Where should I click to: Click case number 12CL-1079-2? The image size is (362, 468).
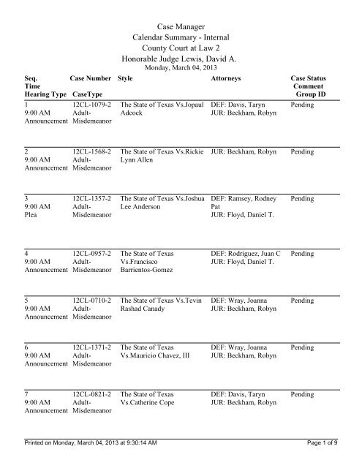click(91, 105)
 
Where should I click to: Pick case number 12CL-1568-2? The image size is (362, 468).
click(91, 151)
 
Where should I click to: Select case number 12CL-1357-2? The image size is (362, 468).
click(91, 197)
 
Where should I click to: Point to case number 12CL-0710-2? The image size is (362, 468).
click(91, 299)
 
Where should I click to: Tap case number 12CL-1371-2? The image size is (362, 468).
click(91, 345)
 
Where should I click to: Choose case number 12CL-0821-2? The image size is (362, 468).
click(91, 395)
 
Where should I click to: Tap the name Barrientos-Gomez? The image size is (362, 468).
click(151, 271)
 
